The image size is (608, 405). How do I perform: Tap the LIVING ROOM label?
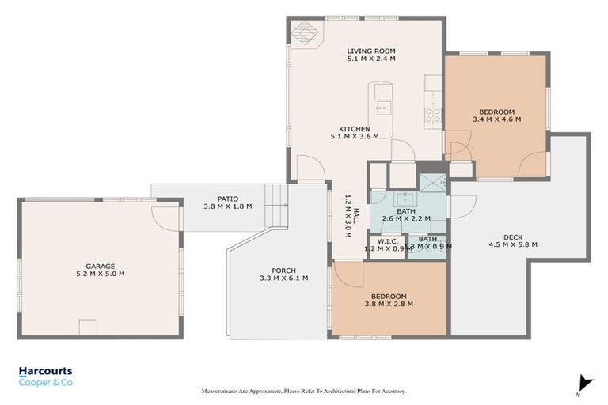(370, 53)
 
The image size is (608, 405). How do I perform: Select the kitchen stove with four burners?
(433, 117)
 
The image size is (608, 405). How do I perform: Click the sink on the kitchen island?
(383, 106)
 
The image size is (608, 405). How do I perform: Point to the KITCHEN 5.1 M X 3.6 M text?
(354, 132)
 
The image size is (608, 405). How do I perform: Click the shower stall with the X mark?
(431, 182)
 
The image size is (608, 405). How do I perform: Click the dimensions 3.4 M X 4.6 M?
(496, 119)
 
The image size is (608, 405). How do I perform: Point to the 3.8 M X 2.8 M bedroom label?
(388, 300)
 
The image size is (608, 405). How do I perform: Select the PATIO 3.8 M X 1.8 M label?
(227, 202)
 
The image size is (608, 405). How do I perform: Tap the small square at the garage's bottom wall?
(88, 327)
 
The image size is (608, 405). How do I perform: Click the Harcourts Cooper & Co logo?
(46, 376)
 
